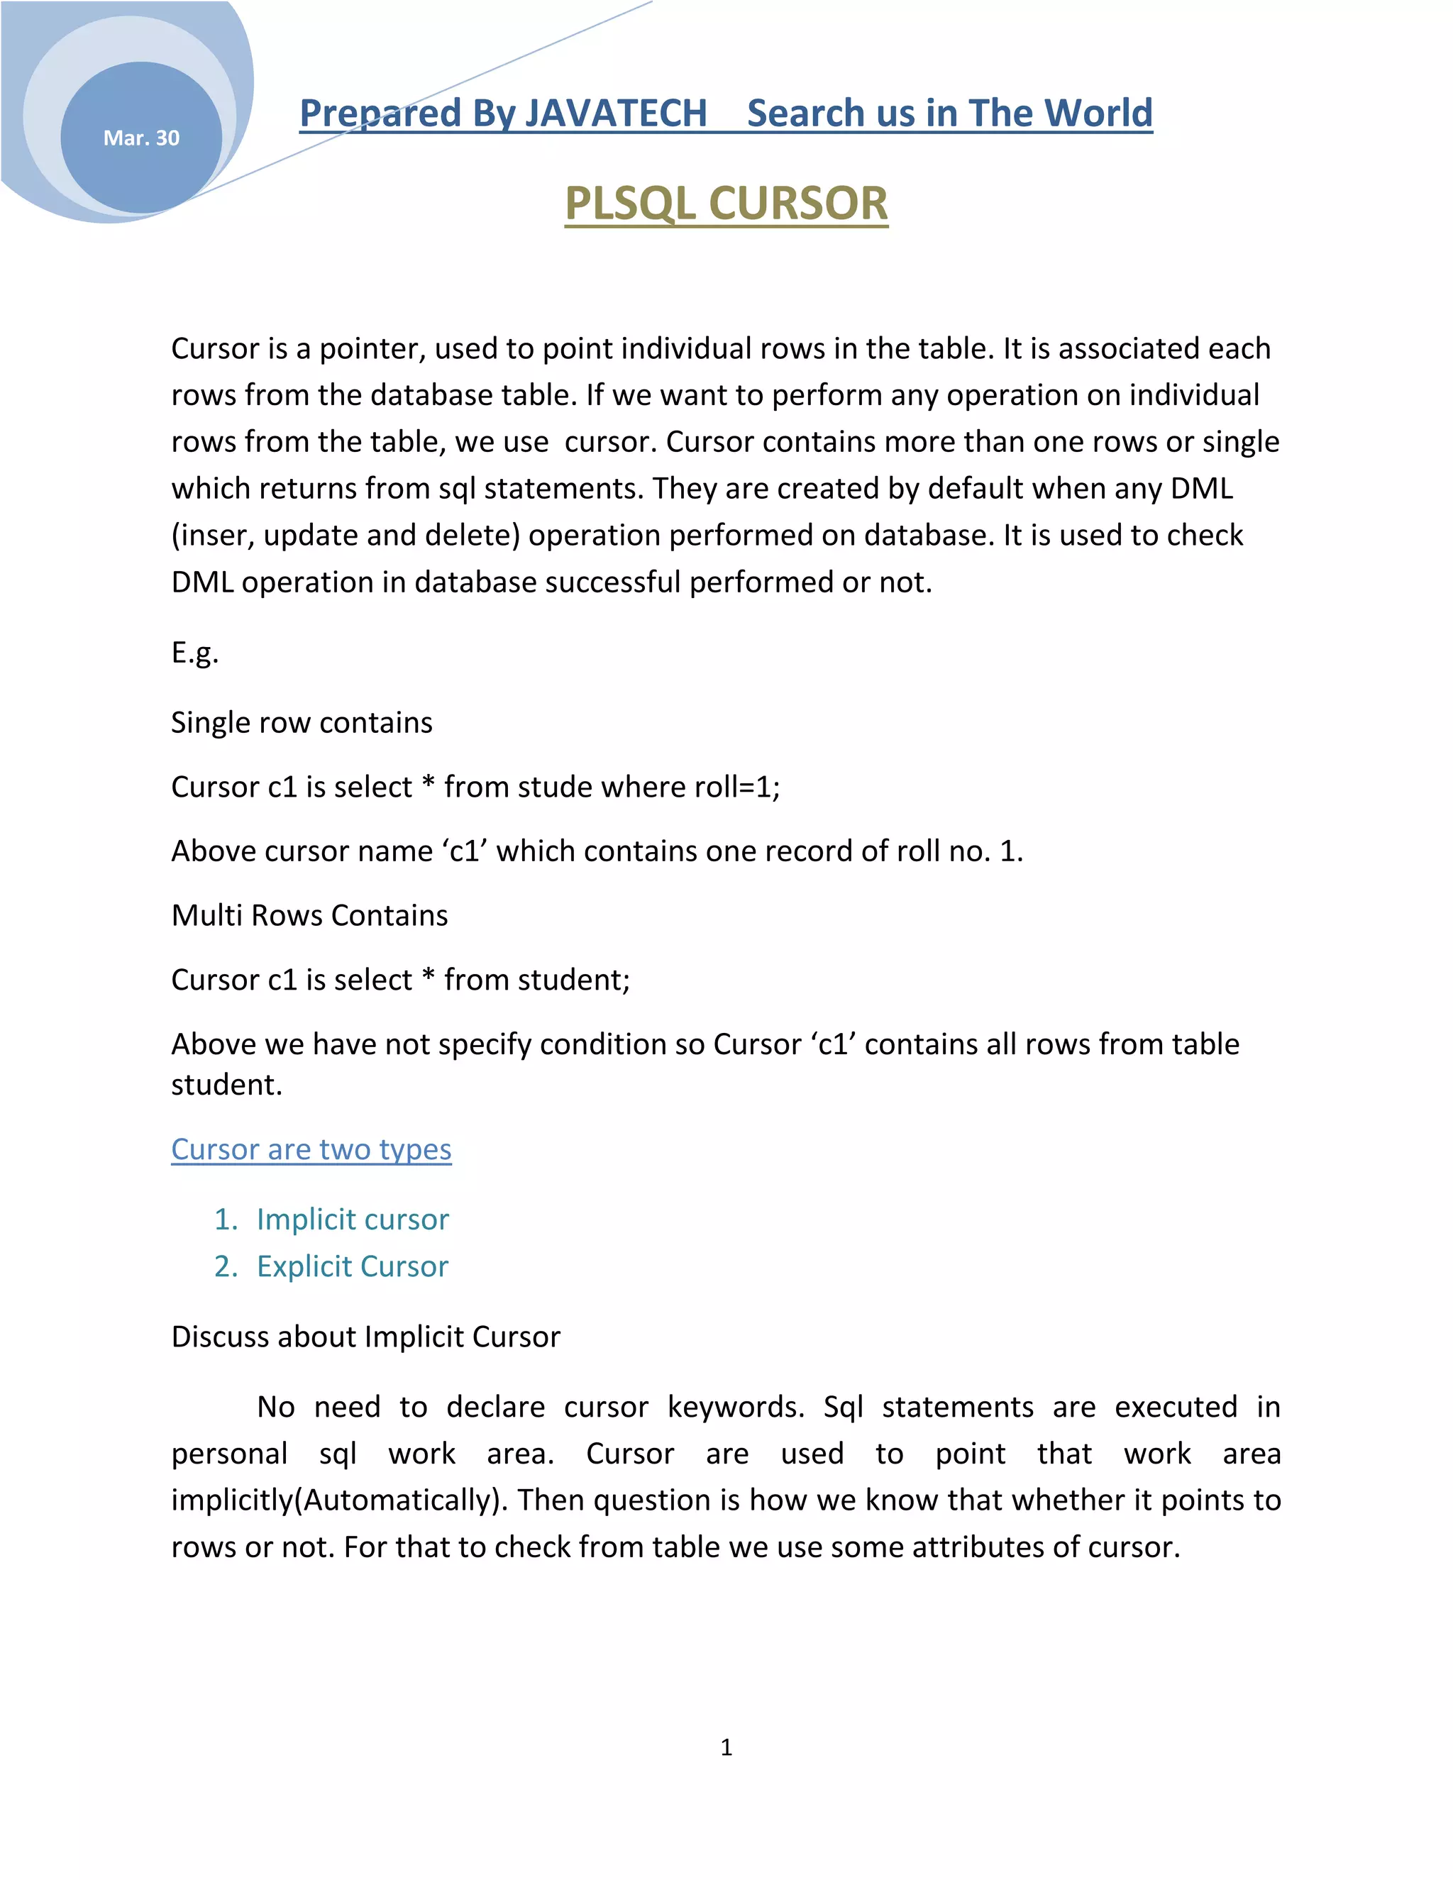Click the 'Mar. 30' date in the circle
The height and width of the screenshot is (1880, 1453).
point(141,138)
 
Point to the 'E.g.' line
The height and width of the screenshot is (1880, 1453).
point(194,653)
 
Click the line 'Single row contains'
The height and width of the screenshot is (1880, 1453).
point(302,722)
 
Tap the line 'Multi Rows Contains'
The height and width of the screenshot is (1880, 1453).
point(309,915)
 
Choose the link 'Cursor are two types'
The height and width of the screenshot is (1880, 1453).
point(311,1149)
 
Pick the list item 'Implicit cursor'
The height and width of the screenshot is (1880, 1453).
point(352,1219)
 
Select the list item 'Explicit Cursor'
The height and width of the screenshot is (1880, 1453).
point(352,1266)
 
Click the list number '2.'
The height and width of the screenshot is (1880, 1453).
point(226,1266)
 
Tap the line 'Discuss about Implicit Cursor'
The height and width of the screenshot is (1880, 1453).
point(365,1337)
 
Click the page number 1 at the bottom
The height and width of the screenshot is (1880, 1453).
point(726,1747)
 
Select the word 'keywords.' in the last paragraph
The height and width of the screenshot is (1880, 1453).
point(736,1407)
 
